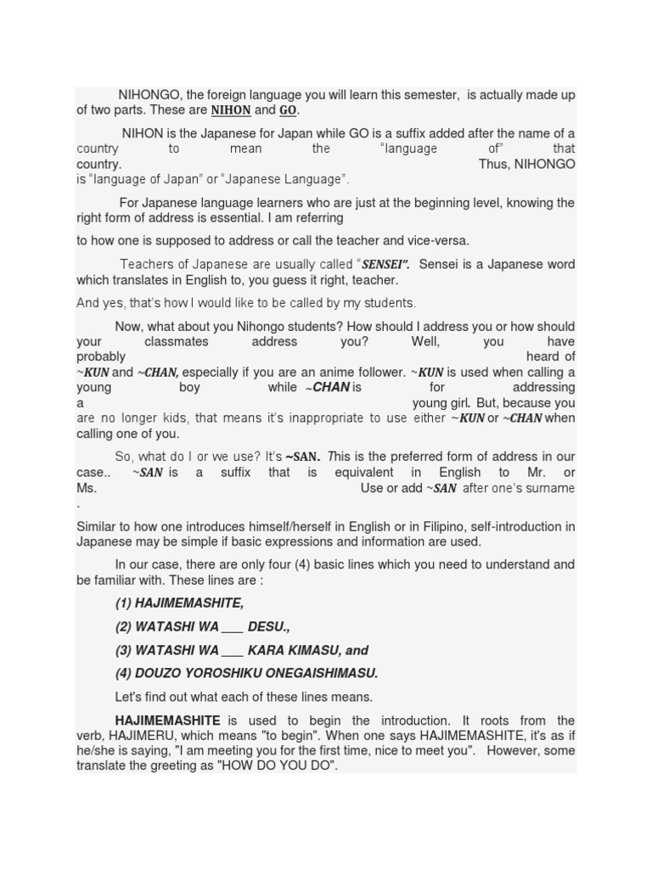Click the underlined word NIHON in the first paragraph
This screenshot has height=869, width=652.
tap(230, 110)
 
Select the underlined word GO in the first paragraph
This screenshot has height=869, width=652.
tap(288, 110)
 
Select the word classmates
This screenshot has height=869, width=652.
tap(178, 342)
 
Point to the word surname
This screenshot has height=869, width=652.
tap(548, 488)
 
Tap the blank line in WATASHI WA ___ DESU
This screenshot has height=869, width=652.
tap(233, 627)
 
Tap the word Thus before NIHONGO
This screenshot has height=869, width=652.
tap(492, 165)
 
